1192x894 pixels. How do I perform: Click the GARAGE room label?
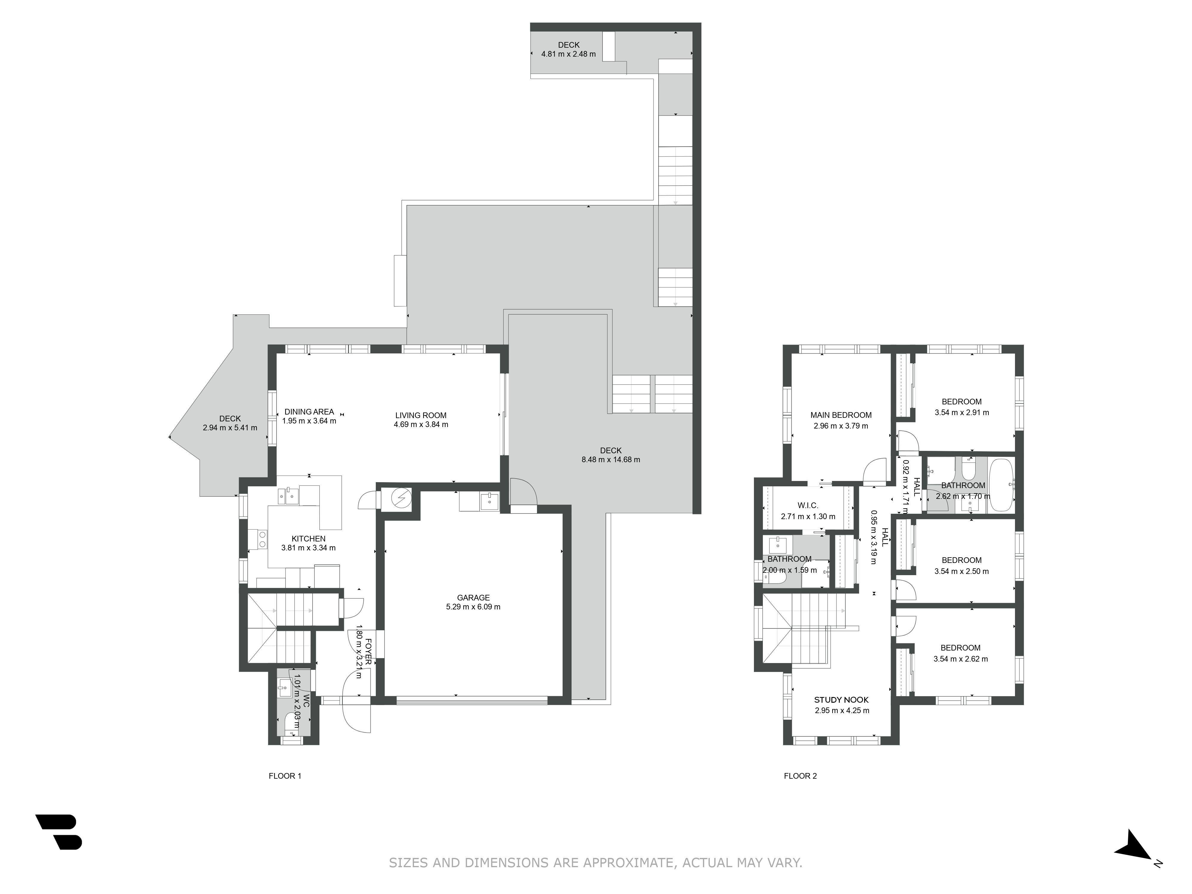[473, 597]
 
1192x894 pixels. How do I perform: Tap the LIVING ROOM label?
[421, 415]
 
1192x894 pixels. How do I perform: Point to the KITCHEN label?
[309, 538]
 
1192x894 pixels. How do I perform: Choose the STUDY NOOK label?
[841, 699]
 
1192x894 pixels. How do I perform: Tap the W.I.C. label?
[808, 505]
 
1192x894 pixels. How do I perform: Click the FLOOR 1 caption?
[285, 776]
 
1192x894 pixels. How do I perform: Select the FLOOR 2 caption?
[800, 776]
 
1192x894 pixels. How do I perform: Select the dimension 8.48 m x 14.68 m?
[611, 460]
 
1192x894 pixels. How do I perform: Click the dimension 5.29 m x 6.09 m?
[473, 607]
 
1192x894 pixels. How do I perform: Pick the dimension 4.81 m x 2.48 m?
[569, 54]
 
